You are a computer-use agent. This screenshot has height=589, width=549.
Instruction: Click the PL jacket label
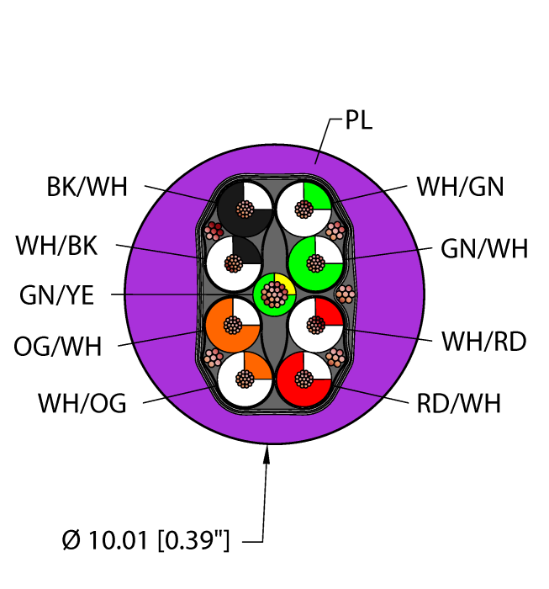pos(358,120)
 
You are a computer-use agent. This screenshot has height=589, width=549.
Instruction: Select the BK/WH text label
pos(87,187)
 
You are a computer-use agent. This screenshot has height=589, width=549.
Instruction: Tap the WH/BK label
pos(56,246)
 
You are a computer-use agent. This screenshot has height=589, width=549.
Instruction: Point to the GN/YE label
pos(56,295)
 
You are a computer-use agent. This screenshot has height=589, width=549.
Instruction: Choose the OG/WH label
pos(58,346)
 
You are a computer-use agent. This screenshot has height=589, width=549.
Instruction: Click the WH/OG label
pos(82,403)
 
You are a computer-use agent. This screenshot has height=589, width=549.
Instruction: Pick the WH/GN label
pos(460,187)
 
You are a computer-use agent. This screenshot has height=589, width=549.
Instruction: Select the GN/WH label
pos(484,248)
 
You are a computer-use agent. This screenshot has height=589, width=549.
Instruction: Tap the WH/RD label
pos(484,342)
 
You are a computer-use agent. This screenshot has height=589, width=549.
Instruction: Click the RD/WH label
pos(459,403)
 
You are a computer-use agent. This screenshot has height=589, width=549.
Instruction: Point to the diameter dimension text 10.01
pos(117,540)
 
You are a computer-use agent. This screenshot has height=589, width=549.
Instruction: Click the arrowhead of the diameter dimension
pos(267,454)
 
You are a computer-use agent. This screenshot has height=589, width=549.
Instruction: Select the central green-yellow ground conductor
pos(275,294)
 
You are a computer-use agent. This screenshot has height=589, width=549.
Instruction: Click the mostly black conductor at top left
pos(245,210)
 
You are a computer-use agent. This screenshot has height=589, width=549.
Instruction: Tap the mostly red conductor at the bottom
pos(304,379)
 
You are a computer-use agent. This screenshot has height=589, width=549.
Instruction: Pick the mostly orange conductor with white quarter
pos(233,325)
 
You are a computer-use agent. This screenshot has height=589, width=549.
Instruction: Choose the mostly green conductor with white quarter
pos(315,263)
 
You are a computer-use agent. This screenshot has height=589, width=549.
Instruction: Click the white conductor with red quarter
pos(315,325)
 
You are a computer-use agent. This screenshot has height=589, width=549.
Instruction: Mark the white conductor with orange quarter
pos(245,379)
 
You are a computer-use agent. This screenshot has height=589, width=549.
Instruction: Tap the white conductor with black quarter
pos(234,263)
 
